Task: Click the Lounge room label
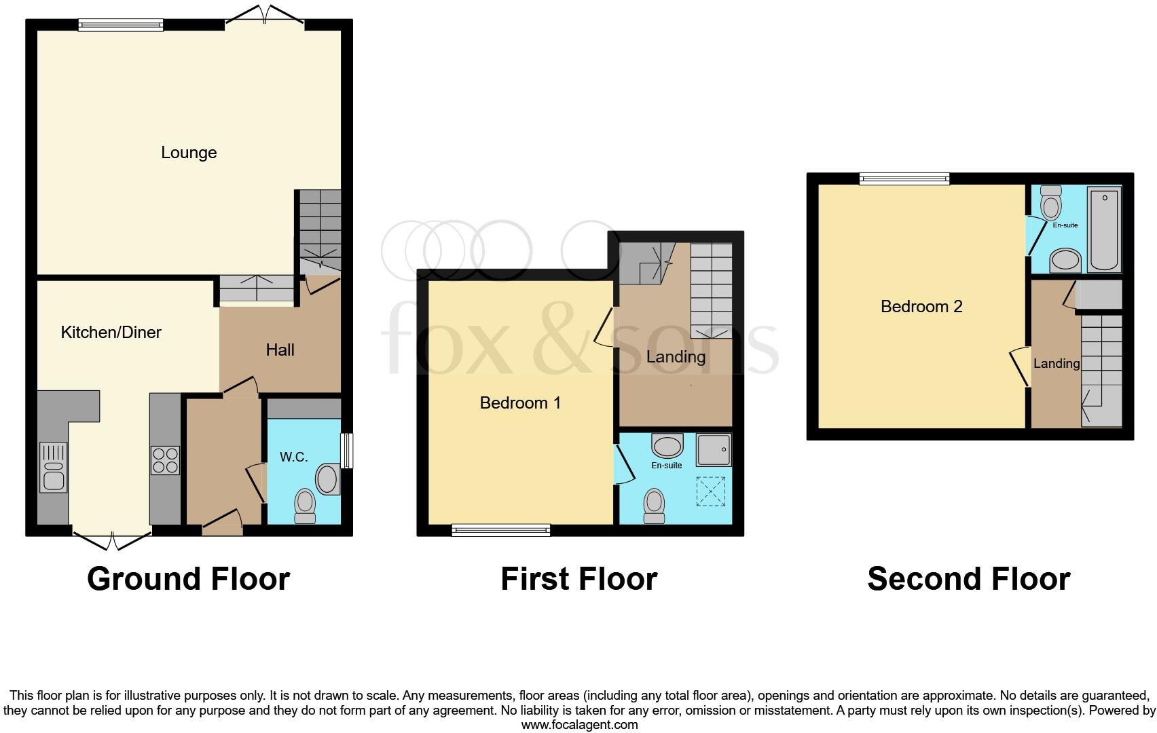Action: pyautogui.click(x=189, y=153)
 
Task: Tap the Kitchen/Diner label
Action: pyautogui.click(x=111, y=332)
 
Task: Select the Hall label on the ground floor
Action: pyautogui.click(x=280, y=350)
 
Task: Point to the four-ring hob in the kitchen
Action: pyautogui.click(x=165, y=459)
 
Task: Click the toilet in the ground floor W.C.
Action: pyautogui.click(x=306, y=506)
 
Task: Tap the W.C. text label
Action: pyautogui.click(x=293, y=457)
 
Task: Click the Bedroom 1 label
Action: pyautogui.click(x=520, y=402)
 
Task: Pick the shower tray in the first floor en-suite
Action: pyautogui.click(x=714, y=450)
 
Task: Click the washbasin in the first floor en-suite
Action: pyautogui.click(x=667, y=445)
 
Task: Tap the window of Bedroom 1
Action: pyautogui.click(x=500, y=530)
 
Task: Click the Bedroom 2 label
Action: pyautogui.click(x=921, y=306)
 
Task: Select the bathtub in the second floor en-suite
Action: pyautogui.click(x=1104, y=229)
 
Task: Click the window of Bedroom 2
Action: pyautogui.click(x=904, y=178)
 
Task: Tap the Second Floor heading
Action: pyautogui.click(x=968, y=579)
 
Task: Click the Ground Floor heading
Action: pyautogui.click(x=188, y=579)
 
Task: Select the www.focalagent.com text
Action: pyautogui.click(x=579, y=724)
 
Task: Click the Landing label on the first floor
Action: pyautogui.click(x=676, y=356)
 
